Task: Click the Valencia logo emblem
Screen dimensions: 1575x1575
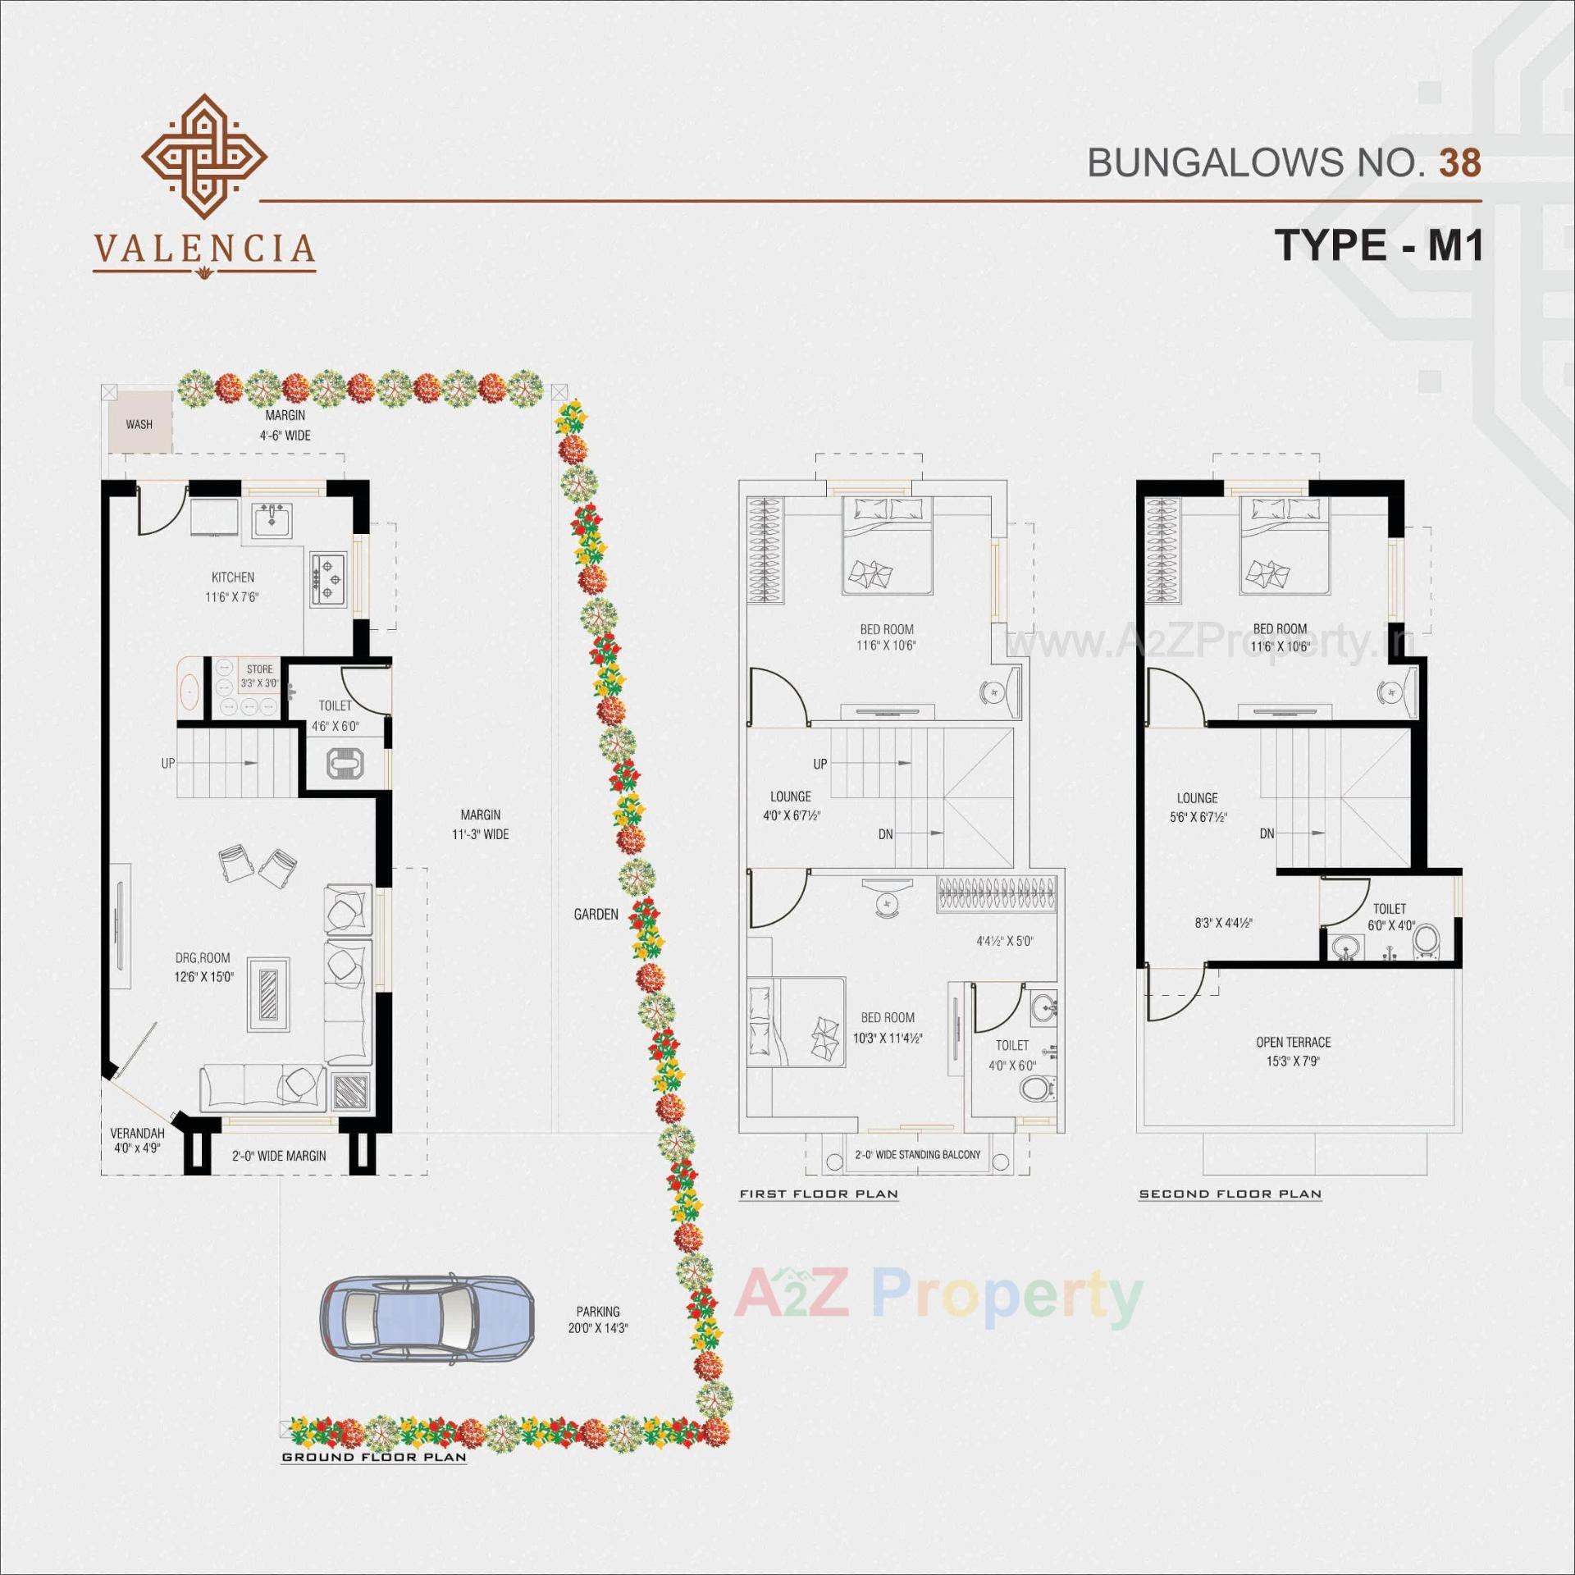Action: click(203, 156)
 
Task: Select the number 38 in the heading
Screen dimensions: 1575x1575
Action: click(1459, 163)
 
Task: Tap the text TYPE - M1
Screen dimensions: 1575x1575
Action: click(1378, 244)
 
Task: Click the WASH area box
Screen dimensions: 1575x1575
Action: click(139, 423)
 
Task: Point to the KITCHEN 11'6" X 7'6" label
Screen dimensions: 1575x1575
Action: click(232, 587)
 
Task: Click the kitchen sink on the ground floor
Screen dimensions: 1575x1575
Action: click(272, 520)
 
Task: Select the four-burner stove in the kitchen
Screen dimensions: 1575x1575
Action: click(328, 578)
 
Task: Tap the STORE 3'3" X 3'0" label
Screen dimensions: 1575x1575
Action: click(259, 675)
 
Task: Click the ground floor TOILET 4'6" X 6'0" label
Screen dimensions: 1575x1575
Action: click(335, 714)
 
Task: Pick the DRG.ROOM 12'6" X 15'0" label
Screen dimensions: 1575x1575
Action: click(203, 966)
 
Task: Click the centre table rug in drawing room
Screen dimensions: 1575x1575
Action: click(268, 993)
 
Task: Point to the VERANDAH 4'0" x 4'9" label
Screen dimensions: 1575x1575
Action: click(137, 1140)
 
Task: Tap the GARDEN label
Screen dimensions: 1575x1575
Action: click(596, 914)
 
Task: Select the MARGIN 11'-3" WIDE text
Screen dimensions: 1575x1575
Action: click(480, 824)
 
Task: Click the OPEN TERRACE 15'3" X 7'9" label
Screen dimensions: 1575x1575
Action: click(1293, 1051)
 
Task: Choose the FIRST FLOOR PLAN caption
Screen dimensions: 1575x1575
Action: click(818, 1194)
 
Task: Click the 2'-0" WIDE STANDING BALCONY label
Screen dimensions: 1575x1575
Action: click(917, 1154)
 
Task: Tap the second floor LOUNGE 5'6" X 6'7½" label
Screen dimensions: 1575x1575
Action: click(1198, 806)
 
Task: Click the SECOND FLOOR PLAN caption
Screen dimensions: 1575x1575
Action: click(1230, 1194)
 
